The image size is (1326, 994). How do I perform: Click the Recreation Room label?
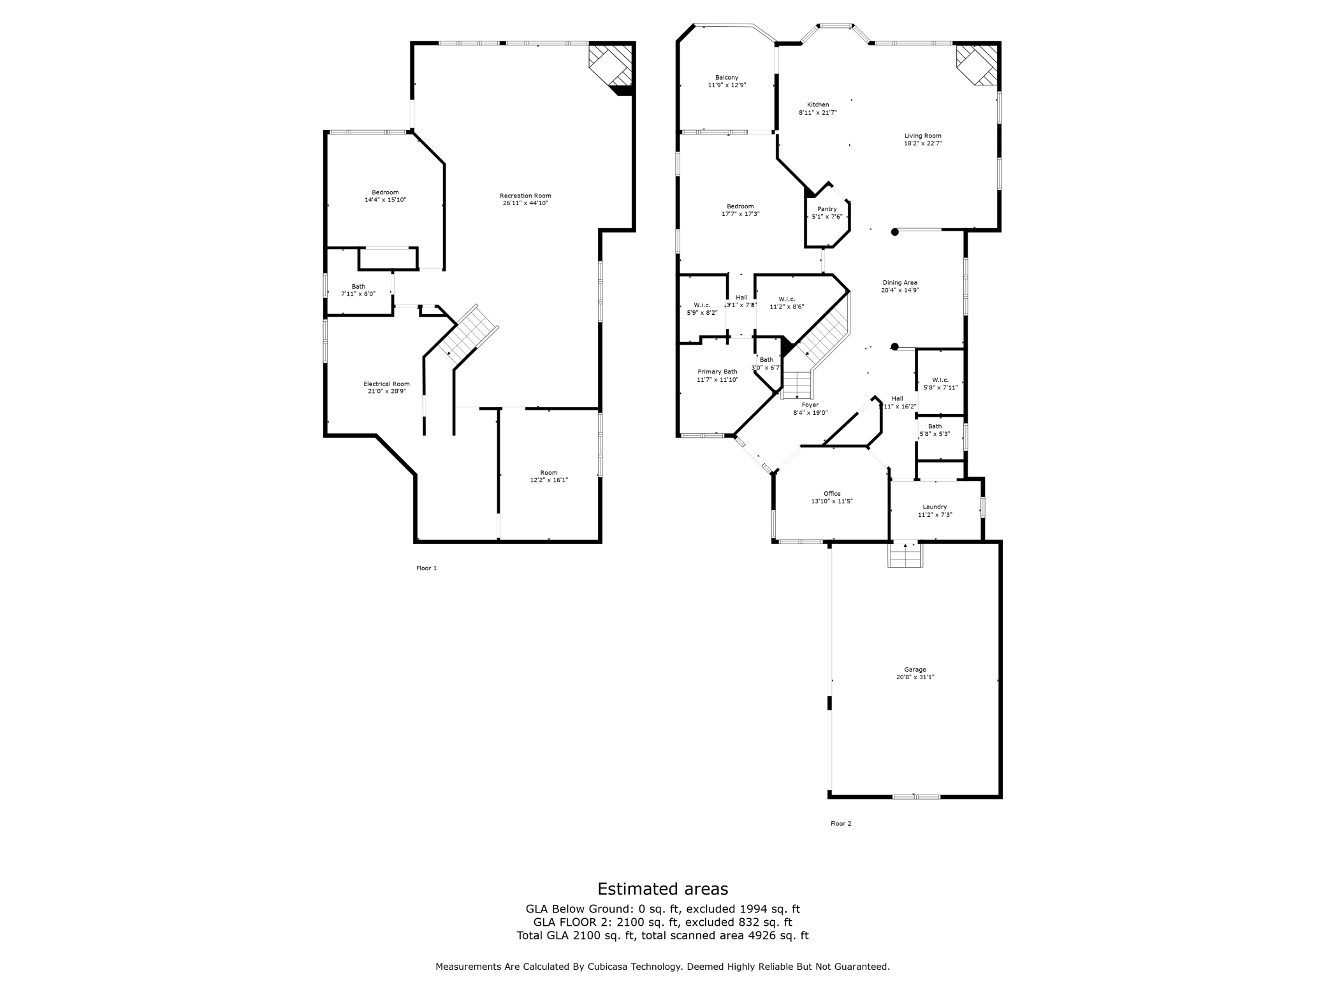pos(525,196)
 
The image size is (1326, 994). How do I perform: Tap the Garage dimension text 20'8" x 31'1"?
pos(915,677)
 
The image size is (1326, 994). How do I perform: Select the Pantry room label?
pos(827,209)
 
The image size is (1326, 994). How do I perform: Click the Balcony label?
pos(727,78)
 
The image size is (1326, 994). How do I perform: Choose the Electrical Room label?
pos(386,384)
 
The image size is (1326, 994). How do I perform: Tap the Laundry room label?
pos(935,507)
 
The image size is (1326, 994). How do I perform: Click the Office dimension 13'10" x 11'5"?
pos(832,501)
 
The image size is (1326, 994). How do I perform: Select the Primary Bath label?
pos(717,371)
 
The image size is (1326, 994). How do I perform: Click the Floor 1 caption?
pos(426,568)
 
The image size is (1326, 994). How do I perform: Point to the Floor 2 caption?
pos(840,823)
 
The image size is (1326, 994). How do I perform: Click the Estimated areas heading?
pos(662,888)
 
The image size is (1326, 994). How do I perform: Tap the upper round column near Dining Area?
pos(894,233)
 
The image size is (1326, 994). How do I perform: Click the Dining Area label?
pos(900,282)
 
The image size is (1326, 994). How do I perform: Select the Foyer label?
pos(810,405)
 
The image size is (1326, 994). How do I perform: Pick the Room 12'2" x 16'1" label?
pos(549,473)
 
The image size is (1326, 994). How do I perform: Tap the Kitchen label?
pos(818,104)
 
